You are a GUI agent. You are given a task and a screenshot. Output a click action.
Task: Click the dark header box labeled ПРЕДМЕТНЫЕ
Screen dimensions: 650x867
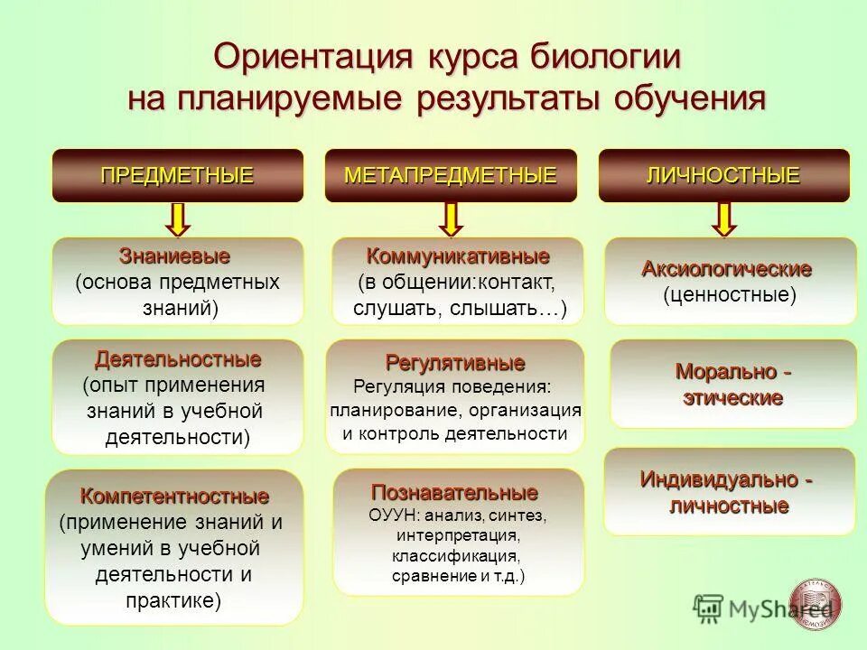177,175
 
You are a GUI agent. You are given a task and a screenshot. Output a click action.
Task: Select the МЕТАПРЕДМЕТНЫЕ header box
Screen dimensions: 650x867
451,175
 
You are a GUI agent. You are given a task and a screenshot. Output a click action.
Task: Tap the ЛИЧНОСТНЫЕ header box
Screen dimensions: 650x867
723,175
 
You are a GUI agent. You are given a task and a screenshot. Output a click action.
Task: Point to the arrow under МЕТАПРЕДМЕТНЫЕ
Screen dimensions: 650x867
452,219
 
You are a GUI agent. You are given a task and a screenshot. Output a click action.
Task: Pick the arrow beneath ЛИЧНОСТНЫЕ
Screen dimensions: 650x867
723,219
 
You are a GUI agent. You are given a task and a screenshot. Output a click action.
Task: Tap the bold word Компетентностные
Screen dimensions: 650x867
174,497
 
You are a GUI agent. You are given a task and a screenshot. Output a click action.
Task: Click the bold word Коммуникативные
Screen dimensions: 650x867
458,255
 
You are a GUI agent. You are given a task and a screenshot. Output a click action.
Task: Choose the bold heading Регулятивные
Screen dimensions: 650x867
455,364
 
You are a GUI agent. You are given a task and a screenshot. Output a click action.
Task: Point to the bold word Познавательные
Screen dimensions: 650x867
455,494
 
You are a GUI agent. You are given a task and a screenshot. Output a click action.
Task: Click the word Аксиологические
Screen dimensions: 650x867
727,269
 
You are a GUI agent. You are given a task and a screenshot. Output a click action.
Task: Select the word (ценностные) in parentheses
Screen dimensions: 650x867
730,294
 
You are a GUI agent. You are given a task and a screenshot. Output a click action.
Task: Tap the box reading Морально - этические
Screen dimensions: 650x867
733,384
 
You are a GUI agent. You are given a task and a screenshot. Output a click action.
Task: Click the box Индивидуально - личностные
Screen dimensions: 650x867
729,491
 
